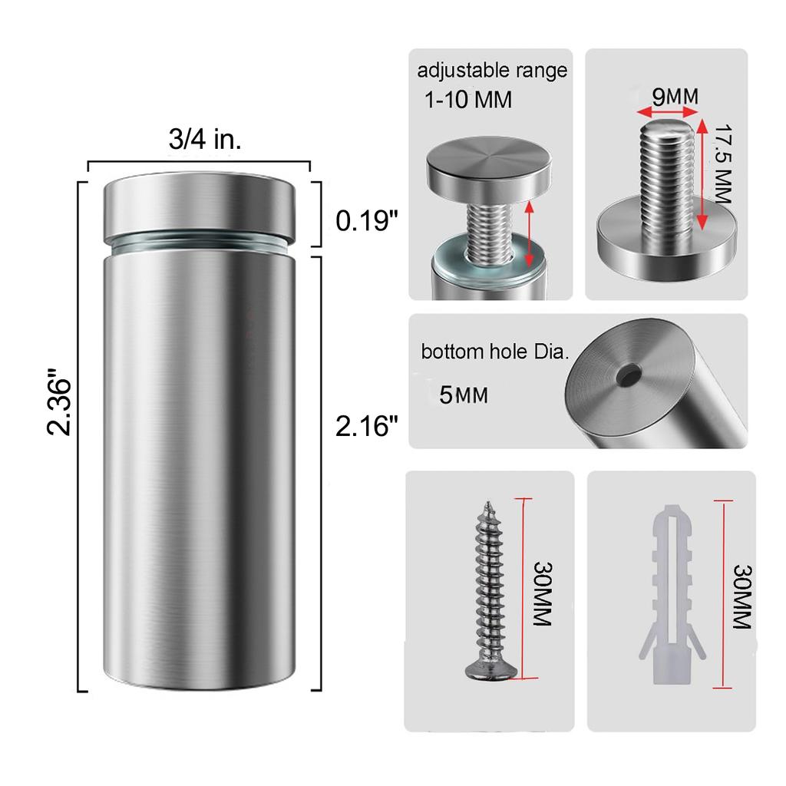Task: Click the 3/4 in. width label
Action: pyautogui.click(x=204, y=139)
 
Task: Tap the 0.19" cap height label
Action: pyautogui.click(x=366, y=220)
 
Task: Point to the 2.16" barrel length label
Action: pyautogui.click(x=366, y=426)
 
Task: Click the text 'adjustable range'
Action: pyautogui.click(x=492, y=71)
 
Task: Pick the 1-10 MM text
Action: pyautogui.click(x=468, y=99)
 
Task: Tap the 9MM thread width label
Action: pyautogui.click(x=675, y=96)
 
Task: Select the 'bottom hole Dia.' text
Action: pyautogui.click(x=495, y=352)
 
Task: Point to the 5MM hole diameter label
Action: pyautogui.click(x=463, y=395)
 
